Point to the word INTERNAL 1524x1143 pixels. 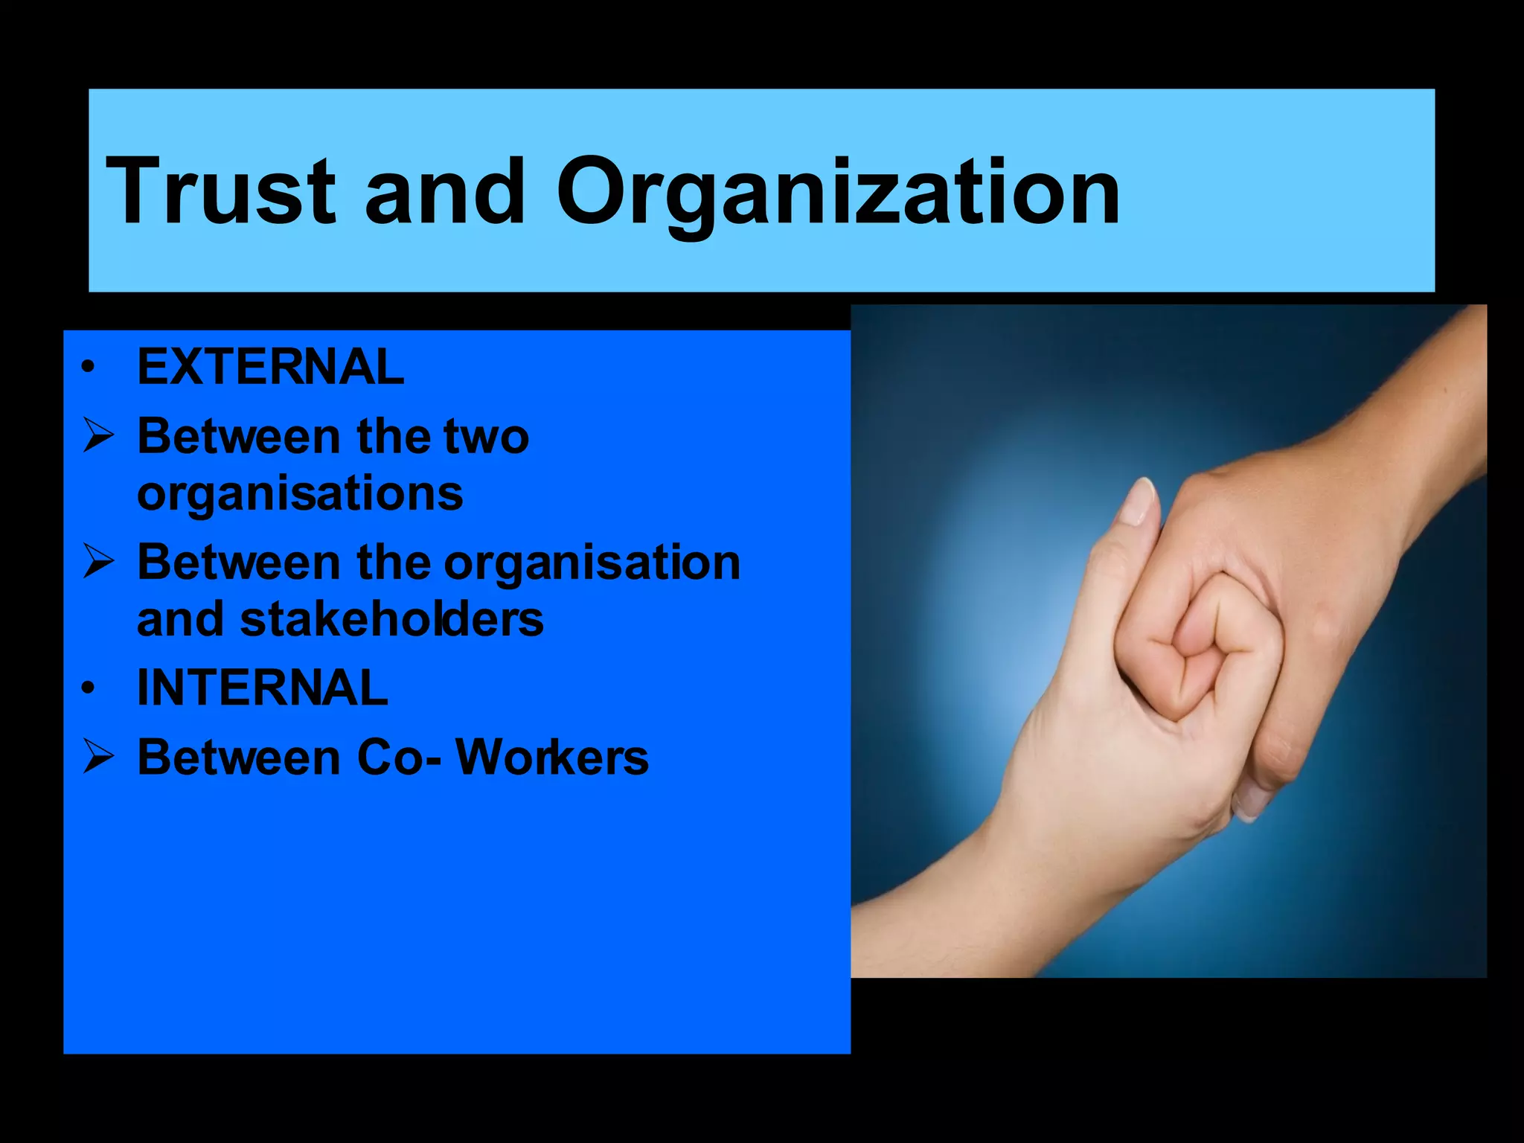(262, 688)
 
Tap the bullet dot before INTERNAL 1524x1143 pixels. (89, 689)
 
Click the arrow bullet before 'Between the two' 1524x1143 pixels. (98, 436)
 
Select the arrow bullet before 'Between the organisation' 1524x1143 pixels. (98, 563)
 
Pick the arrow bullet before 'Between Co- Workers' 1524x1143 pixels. (98, 758)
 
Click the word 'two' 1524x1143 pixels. (486, 436)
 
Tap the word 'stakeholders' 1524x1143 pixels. (391, 619)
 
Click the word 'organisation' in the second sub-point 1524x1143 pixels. (592, 564)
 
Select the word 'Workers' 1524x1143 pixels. (551, 758)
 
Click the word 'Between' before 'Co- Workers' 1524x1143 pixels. (238, 758)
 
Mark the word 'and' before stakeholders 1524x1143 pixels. (179, 619)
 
